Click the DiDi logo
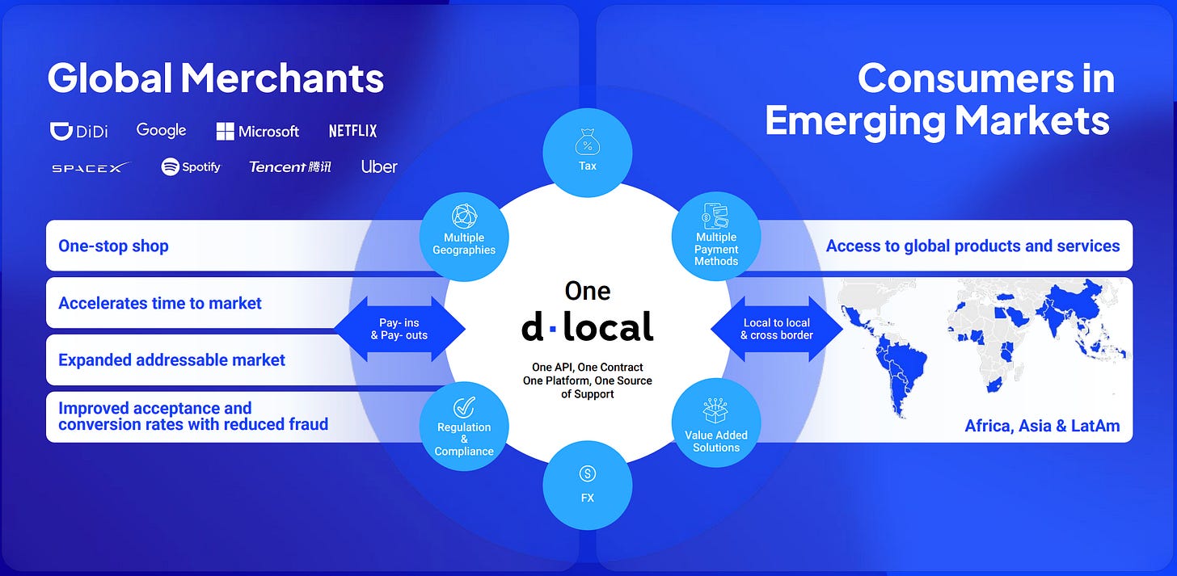pos(79,131)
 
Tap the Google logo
pos(161,130)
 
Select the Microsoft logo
pos(258,131)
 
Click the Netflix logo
pos(352,131)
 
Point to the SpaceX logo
pos(91,167)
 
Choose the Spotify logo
pos(191,167)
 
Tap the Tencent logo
pos(289,167)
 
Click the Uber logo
pos(379,167)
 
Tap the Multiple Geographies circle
pos(464,237)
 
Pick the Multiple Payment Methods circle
pos(716,237)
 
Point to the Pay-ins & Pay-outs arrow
pos(400,329)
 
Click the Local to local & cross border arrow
pos(777,329)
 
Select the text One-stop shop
pos(113,246)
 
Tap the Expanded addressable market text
pos(171,360)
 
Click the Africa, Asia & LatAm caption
pos(1042,426)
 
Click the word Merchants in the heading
pos(281,78)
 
